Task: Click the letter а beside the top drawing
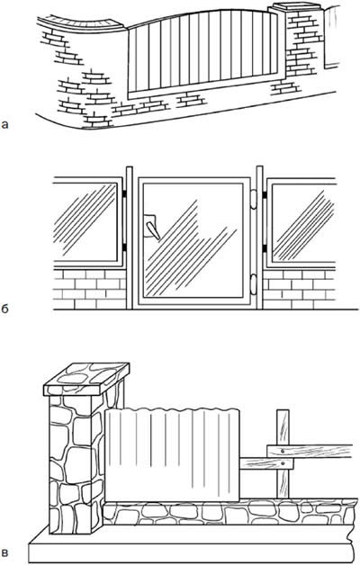(x=4, y=125)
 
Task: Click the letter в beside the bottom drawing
(x=4, y=552)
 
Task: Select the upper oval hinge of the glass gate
(x=253, y=199)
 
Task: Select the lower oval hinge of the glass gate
(x=253, y=282)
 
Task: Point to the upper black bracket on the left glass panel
(x=124, y=194)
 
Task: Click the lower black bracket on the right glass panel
(x=265, y=248)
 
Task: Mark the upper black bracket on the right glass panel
(x=265, y=194)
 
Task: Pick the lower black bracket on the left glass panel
(x=124, y=247)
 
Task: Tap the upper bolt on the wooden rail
(x=283, y=451)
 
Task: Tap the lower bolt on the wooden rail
(x=283, y=463)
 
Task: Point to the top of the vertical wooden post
(x=283, y=410)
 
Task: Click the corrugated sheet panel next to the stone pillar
(x=172, y=454)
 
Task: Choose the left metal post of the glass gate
(x=130, y=238)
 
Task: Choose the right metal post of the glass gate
(x=259, y=238)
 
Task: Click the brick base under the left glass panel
(x=89, y=289)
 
